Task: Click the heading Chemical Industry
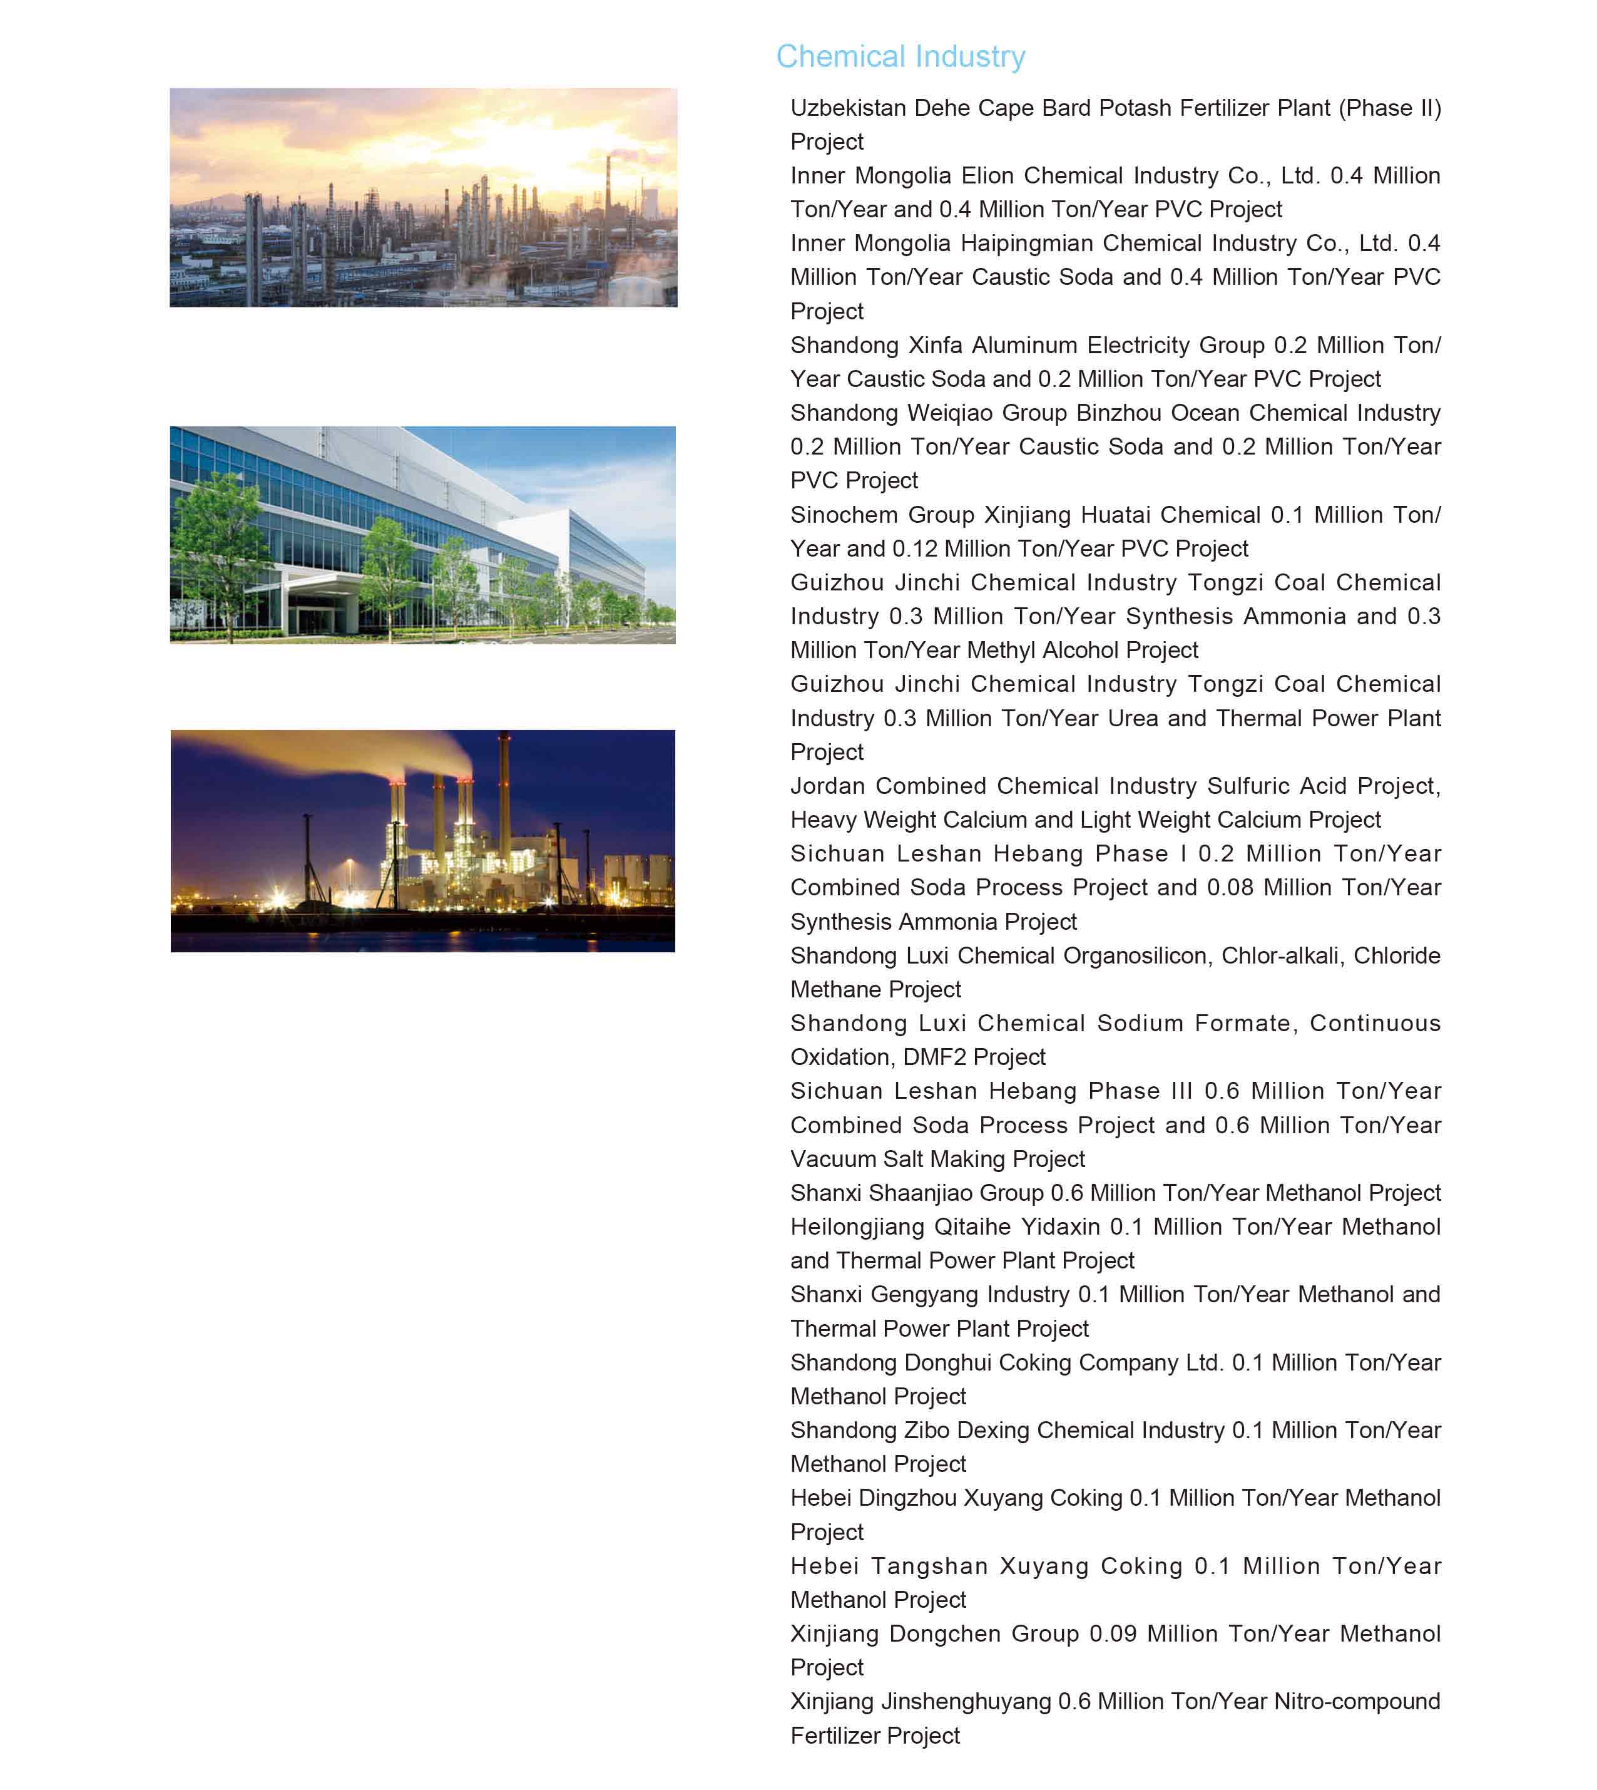click(901, 56)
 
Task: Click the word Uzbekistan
click(847, 108)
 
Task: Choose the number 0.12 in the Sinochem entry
click(914, 548)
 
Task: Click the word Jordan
click(827, 786)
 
